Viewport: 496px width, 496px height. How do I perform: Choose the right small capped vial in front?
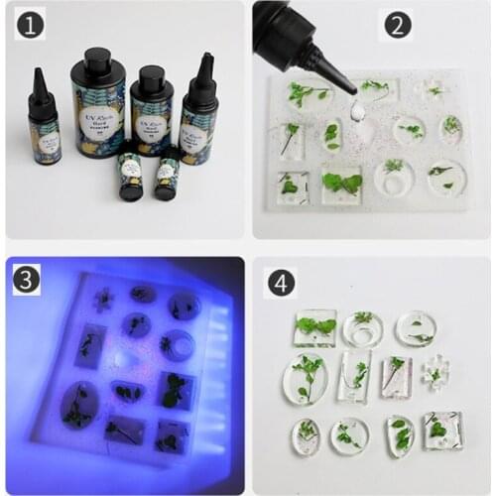[165, 175]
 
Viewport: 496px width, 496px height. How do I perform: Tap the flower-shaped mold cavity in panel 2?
[434, 91]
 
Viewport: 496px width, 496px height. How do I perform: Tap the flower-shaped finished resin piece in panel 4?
[433, 375]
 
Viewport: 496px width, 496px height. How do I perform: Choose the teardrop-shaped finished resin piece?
[400, 434]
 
